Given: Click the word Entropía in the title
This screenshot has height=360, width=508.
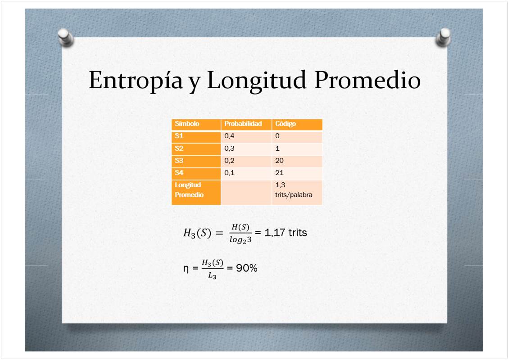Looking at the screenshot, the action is tap(135, 81).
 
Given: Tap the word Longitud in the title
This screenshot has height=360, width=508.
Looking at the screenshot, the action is tap(256, 80).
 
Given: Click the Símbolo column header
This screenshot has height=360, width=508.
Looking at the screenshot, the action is tap(187, 124).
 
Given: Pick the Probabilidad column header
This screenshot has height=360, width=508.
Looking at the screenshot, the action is tap(243, 124).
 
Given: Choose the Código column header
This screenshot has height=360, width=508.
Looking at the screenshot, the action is tap(286, 124).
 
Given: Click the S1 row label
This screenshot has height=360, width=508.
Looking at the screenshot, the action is tap(179, 136).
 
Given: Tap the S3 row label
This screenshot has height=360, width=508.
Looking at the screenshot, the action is tap(179, 161).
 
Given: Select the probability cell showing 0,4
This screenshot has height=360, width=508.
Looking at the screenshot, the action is tap(229, 136).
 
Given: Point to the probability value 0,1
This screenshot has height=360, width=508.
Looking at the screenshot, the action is tap(229, 173).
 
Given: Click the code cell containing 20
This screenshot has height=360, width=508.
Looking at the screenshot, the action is tap(279, 161).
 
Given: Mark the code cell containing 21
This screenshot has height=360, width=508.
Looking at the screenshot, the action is tap(279, 173).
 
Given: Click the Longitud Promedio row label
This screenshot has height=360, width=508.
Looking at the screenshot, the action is tap(189, 190).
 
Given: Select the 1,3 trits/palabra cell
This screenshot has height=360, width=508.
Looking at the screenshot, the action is tap(294, 190).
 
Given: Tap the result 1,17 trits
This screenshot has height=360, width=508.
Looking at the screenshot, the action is tap(286, 233).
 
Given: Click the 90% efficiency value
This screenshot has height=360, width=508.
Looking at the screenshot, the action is tap(246, 268).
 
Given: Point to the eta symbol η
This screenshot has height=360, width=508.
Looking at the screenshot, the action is tap(186, 269).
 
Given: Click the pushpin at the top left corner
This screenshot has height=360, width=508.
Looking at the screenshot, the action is tap(66, 37).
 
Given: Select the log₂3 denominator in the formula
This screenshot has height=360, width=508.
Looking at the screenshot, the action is tap(240, 239).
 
